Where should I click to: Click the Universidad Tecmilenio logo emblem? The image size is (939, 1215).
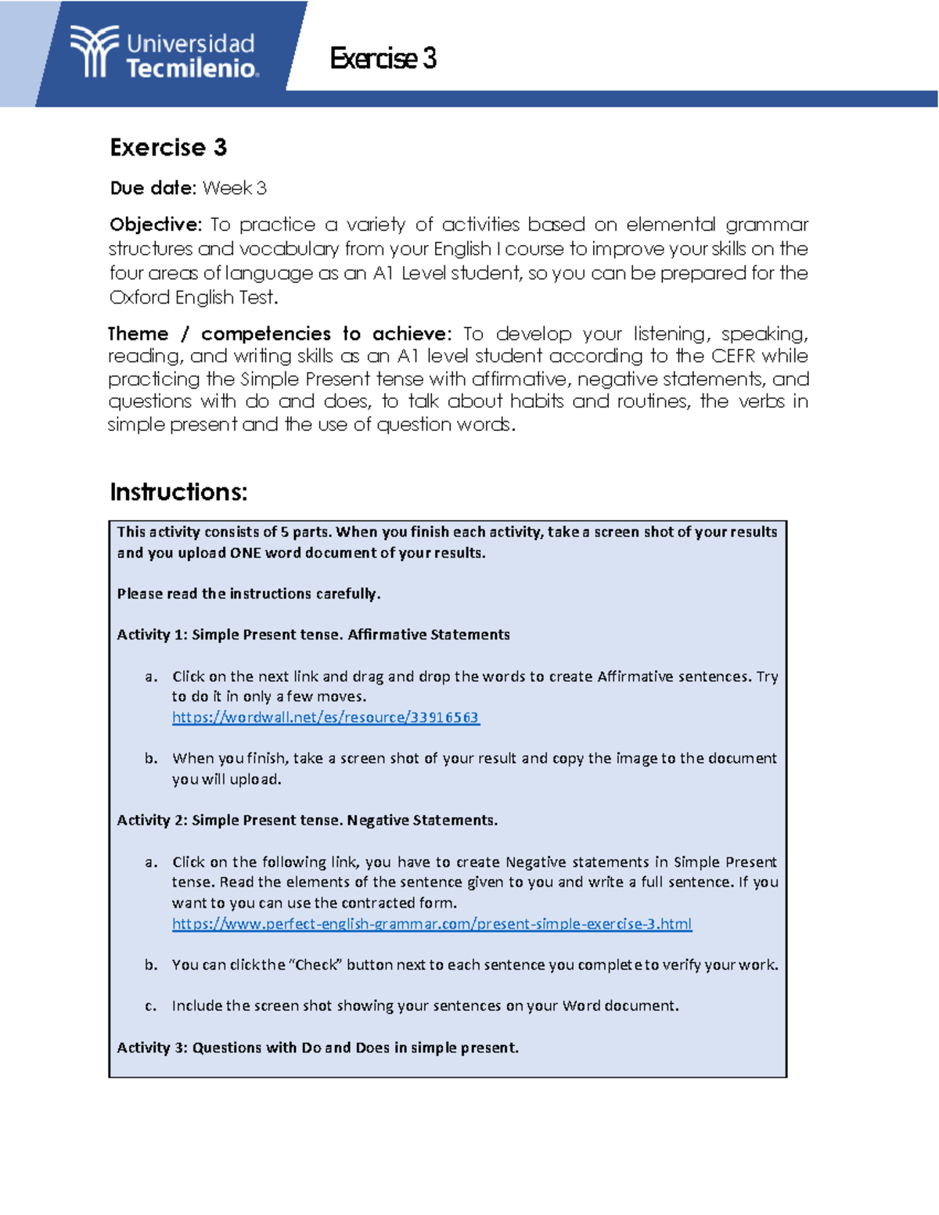(95, 52)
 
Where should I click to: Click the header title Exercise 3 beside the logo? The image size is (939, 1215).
(383, 59)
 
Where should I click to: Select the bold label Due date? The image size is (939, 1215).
(153, 189)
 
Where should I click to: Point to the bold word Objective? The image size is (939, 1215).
(155, 225)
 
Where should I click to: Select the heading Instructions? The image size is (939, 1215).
(178, 492)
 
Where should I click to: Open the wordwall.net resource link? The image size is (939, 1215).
(325, 717)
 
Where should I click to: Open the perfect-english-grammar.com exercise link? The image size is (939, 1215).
(432, 924)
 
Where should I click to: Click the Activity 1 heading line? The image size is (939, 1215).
(313, 634)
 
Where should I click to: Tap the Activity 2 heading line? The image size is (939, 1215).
(307, 821)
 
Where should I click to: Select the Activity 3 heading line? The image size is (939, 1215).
(318, 1048)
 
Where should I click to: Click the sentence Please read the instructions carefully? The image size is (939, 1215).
(249, 594)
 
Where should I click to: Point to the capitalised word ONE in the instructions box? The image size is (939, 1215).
(246, 553)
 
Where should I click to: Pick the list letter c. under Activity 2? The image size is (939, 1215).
(150, 1006)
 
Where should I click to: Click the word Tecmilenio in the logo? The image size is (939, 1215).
(192, 69)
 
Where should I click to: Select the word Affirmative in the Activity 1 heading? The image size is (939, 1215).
(389, 634)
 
